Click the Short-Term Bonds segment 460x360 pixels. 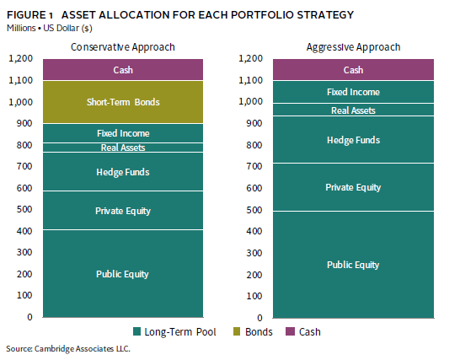point(123,102)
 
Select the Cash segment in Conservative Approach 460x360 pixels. point(123,70)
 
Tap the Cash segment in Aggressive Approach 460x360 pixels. point(353,70)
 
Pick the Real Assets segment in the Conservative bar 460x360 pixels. point(123,148)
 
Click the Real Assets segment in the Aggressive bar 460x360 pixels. point(353,110)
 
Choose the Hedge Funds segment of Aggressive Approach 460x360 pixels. point(353,140)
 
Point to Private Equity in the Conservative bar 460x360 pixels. point(123,211)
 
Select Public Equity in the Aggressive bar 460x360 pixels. point(353,265)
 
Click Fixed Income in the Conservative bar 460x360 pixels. point(123,133)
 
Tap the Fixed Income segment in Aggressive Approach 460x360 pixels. point(353,92)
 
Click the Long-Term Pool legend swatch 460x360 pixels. point(137,331)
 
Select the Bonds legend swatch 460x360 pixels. point(237,331)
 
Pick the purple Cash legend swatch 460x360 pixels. point(290,331)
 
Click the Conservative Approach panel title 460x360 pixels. point(123,47)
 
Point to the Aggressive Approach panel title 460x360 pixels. point(353,47)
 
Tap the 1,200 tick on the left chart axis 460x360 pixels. point(20,58)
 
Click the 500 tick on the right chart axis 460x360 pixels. point(254,210)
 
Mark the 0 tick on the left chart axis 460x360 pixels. point(29,317)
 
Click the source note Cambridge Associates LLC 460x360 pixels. point(83,348)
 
